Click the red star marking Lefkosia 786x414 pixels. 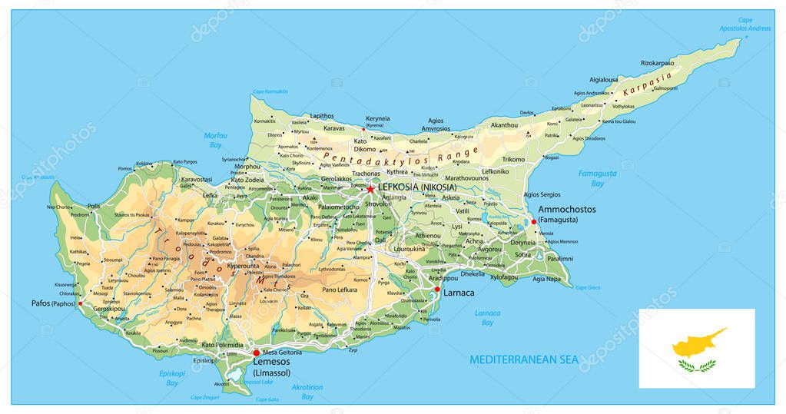pos(370,188)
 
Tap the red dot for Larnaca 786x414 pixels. pos(437,290)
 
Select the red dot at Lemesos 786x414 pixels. pos(257,353)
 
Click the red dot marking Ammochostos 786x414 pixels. pos(534,222)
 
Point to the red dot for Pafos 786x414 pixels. pos(80,303)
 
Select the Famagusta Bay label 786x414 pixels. pos(597,178)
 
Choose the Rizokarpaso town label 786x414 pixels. pos(657,63)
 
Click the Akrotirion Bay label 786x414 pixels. pos(307,392)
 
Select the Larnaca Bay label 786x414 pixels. pos(487,317)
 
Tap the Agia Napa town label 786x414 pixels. pos(548,279)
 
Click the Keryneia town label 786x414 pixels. pos(377,119)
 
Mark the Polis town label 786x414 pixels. pos(94,207)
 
